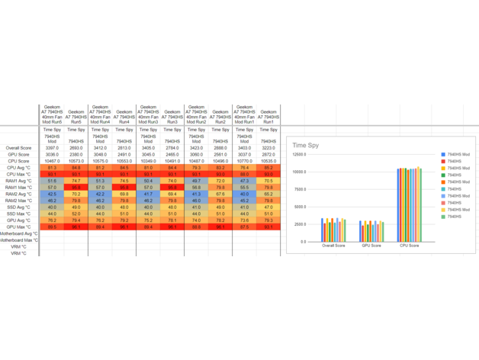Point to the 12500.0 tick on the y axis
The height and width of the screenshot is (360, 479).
298,154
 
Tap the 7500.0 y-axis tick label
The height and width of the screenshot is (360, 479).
299,189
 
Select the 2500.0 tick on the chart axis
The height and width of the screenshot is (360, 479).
299,224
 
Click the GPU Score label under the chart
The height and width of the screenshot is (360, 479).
371,246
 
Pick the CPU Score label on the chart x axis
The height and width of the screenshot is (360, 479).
409,246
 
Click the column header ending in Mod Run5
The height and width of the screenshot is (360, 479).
52,116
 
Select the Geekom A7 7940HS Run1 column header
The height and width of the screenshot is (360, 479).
268,116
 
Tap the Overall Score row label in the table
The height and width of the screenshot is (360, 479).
18,148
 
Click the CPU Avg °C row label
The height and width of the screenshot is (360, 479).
21,168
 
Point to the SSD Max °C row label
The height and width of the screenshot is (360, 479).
21,214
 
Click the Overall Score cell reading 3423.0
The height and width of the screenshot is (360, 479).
196,148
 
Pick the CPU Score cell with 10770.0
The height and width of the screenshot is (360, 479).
244,161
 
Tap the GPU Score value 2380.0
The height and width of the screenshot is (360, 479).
76,155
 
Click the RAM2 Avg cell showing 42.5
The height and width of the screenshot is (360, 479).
52,194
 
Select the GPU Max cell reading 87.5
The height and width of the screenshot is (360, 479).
244,227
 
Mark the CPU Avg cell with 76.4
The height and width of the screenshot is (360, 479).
244,168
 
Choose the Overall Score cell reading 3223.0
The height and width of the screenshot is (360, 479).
268,148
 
